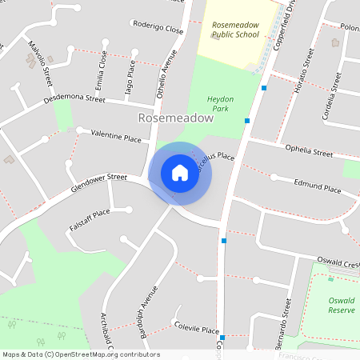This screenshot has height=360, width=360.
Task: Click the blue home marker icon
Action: pos(179,173)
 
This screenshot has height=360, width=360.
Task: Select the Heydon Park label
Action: pos(220,103)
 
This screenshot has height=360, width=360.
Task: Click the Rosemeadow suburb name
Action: pos(176,118)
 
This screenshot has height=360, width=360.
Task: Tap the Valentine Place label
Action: pos(115,137)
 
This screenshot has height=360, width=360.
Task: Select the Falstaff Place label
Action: pos(89,217)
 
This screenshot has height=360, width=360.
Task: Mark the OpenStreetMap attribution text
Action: pos(81,354)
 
